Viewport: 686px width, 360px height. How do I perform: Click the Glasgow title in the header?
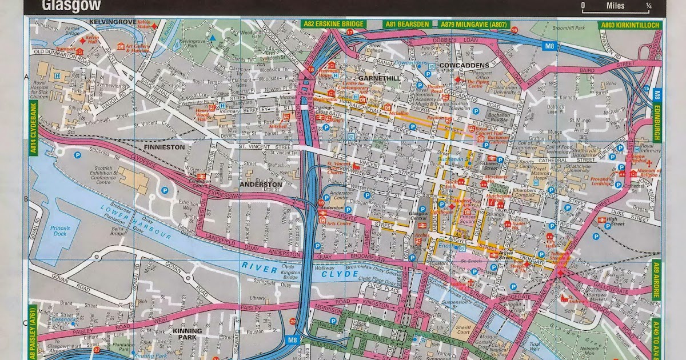(71, 6)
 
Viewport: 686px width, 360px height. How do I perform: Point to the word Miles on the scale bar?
(616, 6)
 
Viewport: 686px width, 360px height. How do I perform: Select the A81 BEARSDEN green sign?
(407, 25)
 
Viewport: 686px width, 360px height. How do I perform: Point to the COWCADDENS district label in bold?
(465, 66)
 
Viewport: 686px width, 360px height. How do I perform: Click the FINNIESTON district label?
(165, 147)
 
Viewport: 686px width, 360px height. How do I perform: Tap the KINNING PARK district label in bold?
(188, 334)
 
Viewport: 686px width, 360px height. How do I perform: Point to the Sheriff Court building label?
(462, 331)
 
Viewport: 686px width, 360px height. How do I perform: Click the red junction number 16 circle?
(514, 30)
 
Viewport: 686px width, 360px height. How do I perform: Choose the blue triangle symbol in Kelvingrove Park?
(213, 38)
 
